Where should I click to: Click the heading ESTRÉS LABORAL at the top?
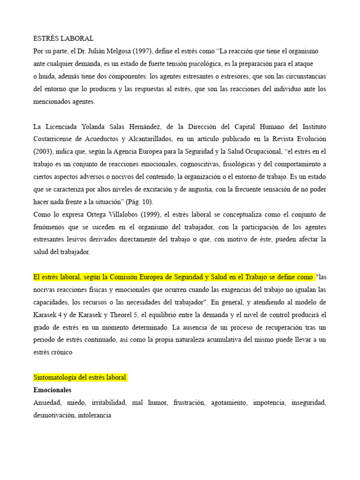tap(63, 38)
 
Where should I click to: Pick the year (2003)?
tap(43, 152)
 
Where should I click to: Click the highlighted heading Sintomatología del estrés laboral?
tap(80, 377)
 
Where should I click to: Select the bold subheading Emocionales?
tap(52, 390)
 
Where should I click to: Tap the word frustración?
tap(189, 402)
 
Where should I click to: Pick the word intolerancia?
tap(94, 415)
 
